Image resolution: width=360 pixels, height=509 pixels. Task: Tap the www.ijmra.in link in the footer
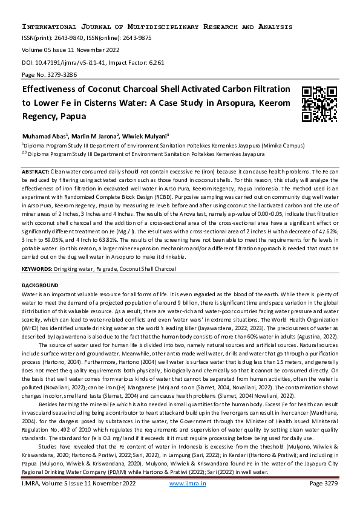[186, 501]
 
